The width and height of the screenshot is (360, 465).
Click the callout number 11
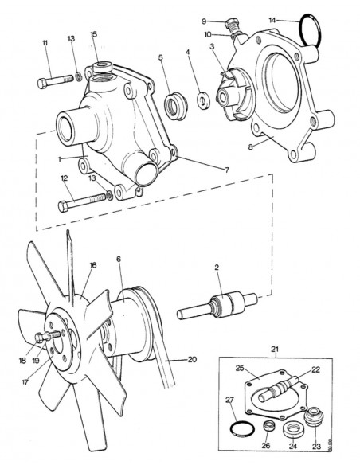45,42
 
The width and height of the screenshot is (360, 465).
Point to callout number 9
204,21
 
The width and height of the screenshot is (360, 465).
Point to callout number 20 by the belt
191,359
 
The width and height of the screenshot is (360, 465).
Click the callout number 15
94,34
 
